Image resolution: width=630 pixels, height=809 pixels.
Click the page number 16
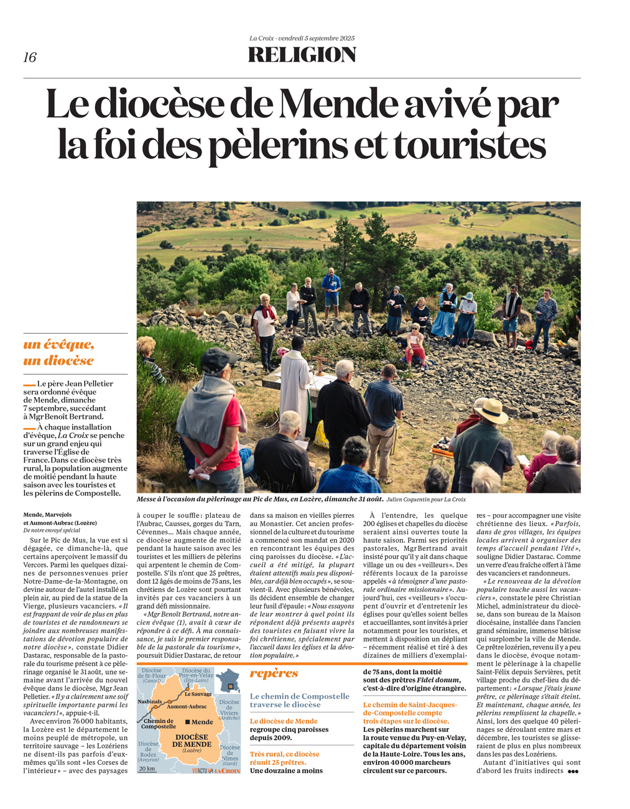point(30,58)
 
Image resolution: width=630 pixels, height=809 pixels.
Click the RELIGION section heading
point(302,55)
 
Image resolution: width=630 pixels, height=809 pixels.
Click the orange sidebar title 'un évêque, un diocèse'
point(58,352)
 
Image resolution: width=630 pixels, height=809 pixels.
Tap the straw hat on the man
point(491,411)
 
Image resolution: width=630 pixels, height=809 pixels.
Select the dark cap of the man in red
point(217,359)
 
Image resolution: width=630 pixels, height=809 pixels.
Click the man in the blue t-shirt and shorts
point(331,291)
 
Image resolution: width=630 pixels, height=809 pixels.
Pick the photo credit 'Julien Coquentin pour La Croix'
point(425,499)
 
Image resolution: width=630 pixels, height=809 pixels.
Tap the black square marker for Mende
point(187,722)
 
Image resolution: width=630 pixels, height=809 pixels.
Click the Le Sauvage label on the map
point(198,694)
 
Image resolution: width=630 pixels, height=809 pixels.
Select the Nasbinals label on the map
point(150,701)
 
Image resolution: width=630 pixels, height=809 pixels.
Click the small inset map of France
point(228,681)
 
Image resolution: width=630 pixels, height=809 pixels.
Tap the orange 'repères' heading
point(274,673)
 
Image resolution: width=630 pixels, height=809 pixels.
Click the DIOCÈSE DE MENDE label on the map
point(192,741)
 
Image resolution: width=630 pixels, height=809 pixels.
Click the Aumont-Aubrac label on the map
point(187,706)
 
